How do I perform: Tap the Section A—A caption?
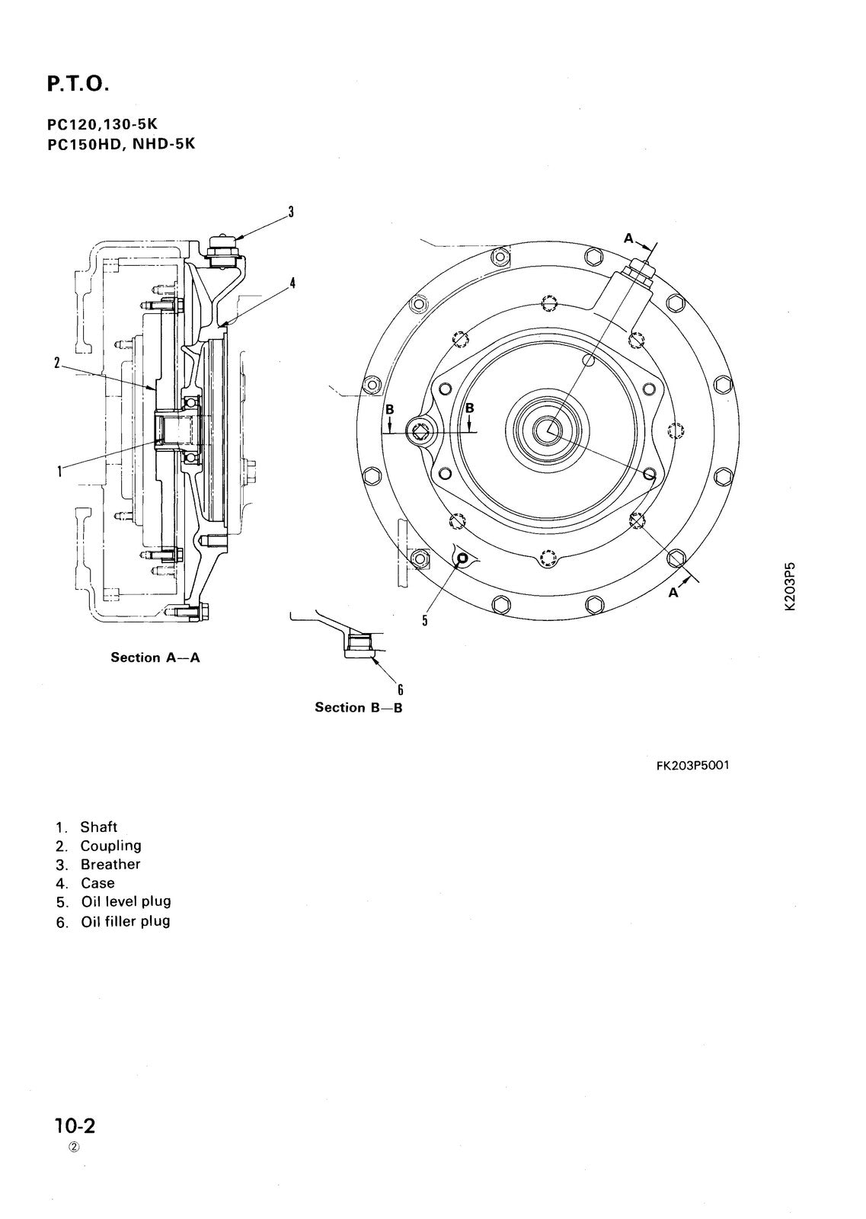tap(155, 657)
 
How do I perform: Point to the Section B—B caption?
tap(359, 708)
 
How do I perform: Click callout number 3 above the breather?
tap(290, 213)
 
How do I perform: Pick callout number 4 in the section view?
tap(292, 283)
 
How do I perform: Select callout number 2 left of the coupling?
tap(57, 363)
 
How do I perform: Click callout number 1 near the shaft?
tap(59, 472)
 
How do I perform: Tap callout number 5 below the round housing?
tap(425, 620)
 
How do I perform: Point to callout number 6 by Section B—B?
tap(399, 690)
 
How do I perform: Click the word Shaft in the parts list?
tap(99, 827)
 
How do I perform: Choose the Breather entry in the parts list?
tap(110, 864)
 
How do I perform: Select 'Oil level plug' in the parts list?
tap(126, 901)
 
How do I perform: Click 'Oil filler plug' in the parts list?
tap(126, 921)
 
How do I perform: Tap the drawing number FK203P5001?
tap(692, 765)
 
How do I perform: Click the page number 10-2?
tap(75, 1125)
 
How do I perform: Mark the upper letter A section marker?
tap(629, 238)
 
